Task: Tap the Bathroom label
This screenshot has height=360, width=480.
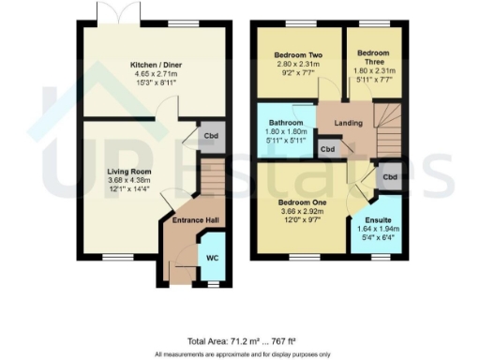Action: pyautogui.click(x=286, y=123)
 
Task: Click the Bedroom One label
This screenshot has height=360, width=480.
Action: pyautogui.click(x=304, y=202)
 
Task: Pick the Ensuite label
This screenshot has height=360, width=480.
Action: pyautogui.click(x=378, y=220)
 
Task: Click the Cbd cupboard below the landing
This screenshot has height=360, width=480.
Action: pyautogui.click(x=327, y=149)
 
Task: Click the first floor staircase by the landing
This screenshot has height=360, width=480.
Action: pyautogui.click(x=386, y=123)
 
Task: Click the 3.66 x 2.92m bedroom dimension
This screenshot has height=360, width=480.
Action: pyautogui.click(x=304, y=213)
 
